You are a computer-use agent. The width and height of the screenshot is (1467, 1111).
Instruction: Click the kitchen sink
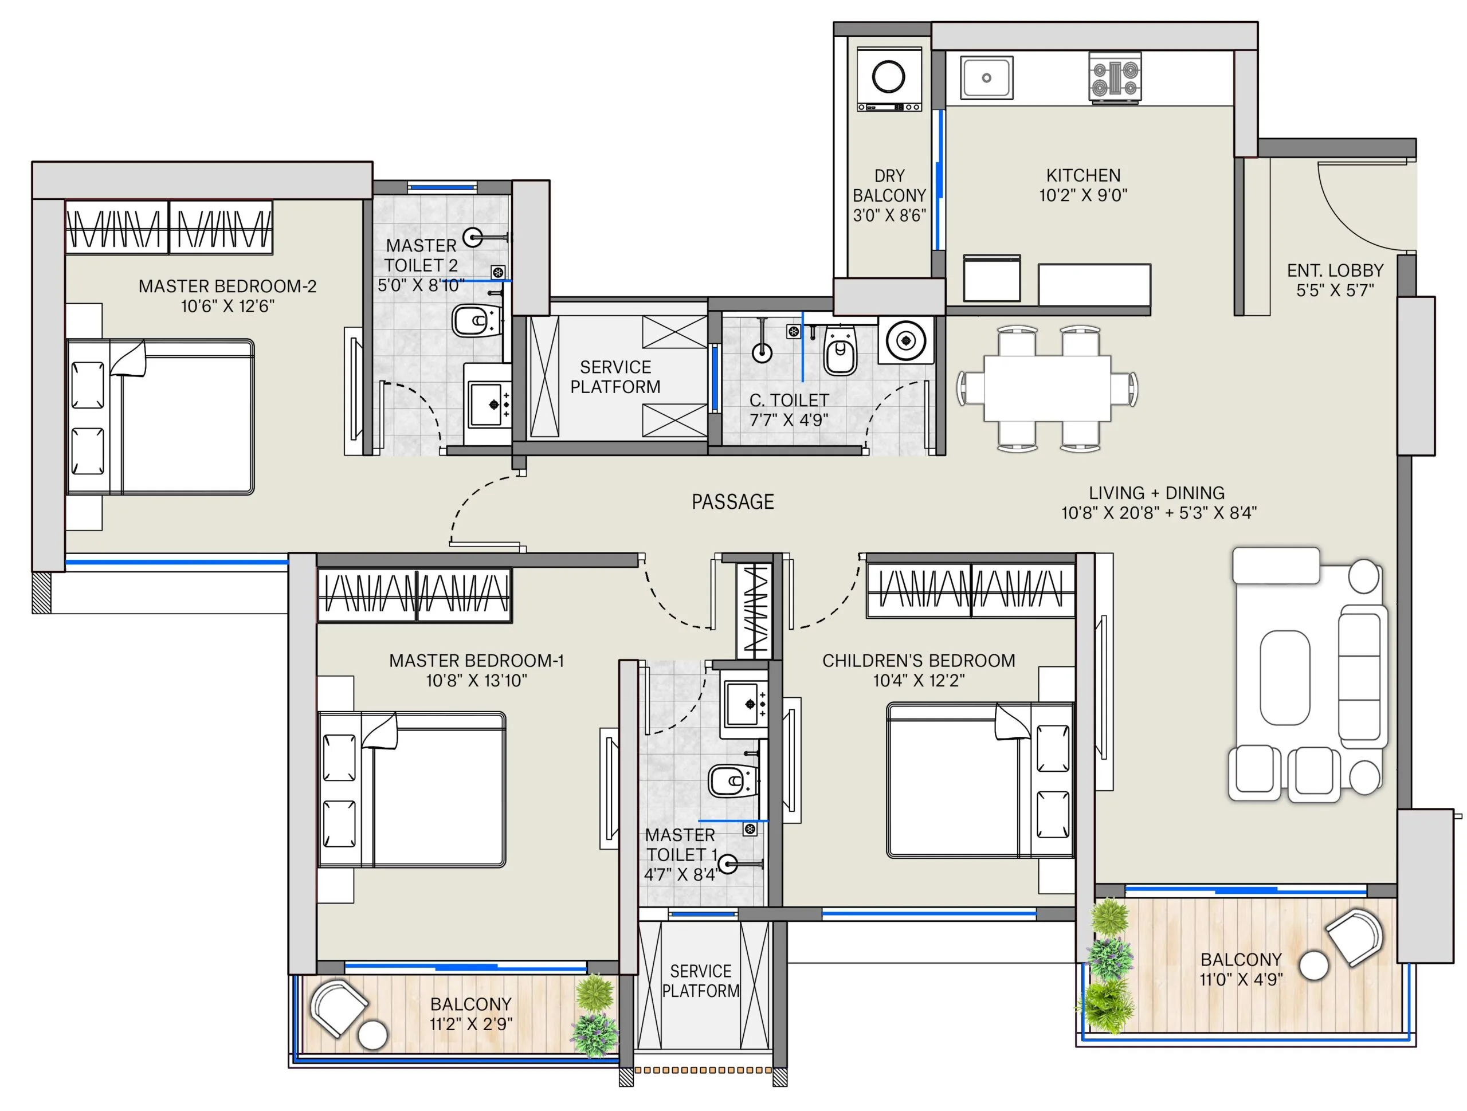[x=987, y=77]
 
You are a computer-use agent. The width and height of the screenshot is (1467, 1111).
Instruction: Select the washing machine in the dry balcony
[x=889, y=78]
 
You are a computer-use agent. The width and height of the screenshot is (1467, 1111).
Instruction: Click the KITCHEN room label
[x=1083, y=175]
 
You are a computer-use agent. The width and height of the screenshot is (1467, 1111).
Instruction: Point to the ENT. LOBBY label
[x=1335, y=270]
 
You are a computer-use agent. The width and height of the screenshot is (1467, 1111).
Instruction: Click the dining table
[x=1047, y=388]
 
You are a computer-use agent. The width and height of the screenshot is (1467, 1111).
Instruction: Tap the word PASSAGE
[x=733, y=501]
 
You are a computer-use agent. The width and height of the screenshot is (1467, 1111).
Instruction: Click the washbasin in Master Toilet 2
[x=488, y=403]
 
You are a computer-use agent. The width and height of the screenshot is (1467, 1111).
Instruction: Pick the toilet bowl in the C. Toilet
[x=840, y=350]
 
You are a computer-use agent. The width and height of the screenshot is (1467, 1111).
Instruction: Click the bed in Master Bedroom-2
[x=160, y=417]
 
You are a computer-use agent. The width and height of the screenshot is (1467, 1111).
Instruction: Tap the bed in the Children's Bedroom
[x=979, y=781]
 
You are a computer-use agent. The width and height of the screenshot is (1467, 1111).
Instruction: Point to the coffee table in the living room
[x=1284, y=678]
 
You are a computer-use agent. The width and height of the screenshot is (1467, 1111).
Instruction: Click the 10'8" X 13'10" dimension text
[x=476, y=680]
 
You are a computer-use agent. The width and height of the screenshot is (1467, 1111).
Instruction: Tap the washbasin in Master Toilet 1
[x=745, y=704]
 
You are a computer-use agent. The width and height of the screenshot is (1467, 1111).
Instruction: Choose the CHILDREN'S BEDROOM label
[x=919, y=661]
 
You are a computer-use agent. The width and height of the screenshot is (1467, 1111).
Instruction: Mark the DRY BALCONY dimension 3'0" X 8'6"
[x=889, y=215]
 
